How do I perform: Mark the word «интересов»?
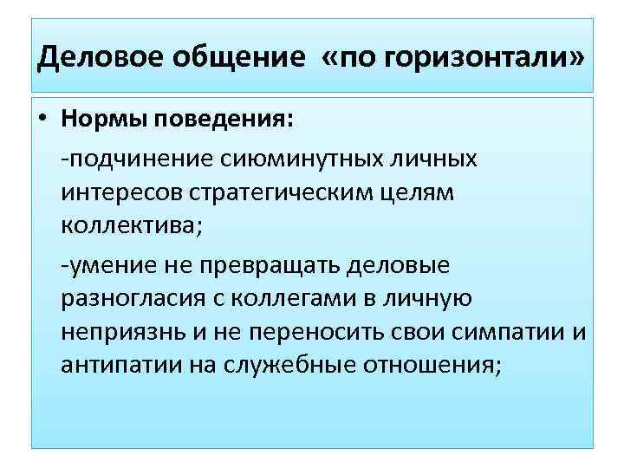click(x=120, y=195)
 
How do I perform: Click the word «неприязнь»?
click(x=127, y=333)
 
